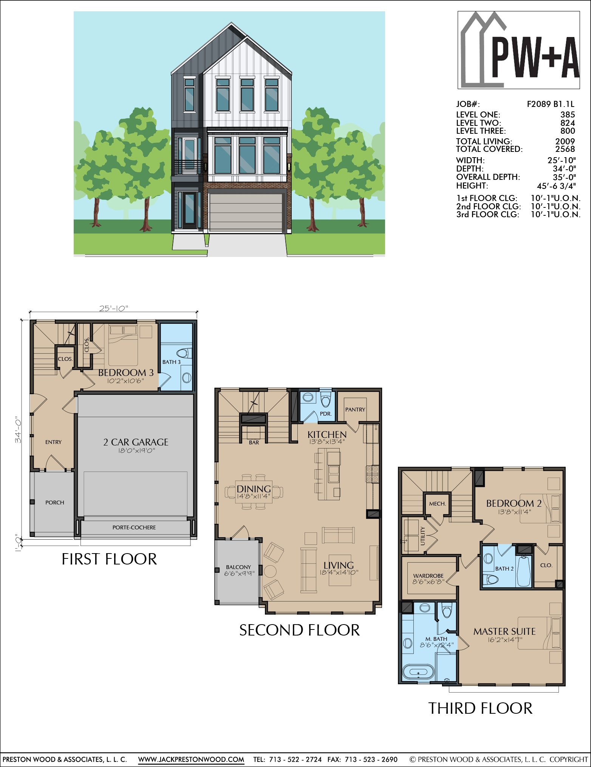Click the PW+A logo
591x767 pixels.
click(518, 50)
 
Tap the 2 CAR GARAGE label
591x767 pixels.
click(136, 442)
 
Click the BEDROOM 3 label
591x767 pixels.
click(126, 373)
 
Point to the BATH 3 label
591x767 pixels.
click(172, 362)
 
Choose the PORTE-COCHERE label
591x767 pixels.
click(134, 527)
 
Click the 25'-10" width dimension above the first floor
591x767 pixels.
click(114, 308)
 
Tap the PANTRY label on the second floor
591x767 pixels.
click(355, 410)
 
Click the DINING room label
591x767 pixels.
click(254, 489)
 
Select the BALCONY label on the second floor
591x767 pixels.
click(238, 567)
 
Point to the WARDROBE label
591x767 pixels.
click(428, 576)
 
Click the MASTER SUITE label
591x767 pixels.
click(504, 631)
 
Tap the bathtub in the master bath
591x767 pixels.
click(418, 673)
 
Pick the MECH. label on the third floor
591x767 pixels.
click(438, 504)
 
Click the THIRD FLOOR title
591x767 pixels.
click(480, 708)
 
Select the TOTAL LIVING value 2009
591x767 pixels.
click(565, 141)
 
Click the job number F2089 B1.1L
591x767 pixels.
click(551, 104)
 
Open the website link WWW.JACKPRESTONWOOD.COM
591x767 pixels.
click(191, 759)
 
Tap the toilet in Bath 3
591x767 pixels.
click(184, 353)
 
